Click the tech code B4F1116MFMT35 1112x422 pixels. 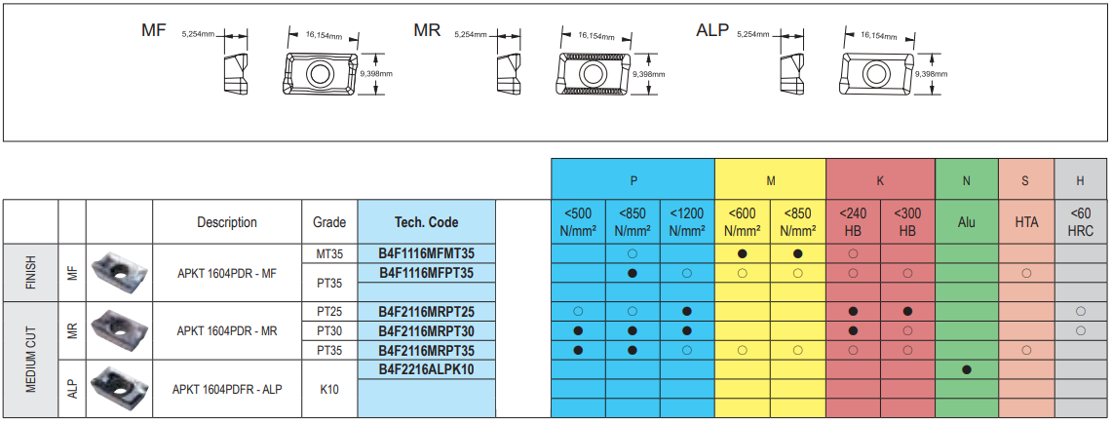pos(426,253)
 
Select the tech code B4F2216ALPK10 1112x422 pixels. pos(426,369)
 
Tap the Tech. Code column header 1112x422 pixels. pos(426,222)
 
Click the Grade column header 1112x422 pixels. pos(329,222)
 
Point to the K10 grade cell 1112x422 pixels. pos(329,389)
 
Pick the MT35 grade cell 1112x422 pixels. pos(329,253)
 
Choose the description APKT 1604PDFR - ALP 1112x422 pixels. pos(227,389)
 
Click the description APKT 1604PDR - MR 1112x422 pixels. pos(227,331)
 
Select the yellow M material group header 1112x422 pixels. pos(770,180)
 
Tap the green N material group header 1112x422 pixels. pos(966,180)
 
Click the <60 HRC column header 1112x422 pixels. pos(1081,222)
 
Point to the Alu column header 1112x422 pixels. pos(966,222)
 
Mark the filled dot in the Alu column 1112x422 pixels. pos(966,369)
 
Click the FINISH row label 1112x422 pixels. pos(30,273)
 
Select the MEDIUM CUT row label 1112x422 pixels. pos(30,360)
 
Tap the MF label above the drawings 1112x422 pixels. pos(154,30)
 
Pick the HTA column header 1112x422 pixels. pos(1026,222)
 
